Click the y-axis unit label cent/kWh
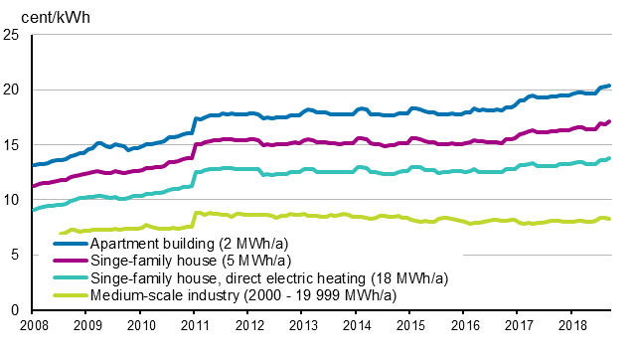coord(37,14)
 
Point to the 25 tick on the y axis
coord(13,35)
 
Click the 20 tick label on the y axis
coord(13,90)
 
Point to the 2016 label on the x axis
coord(464,325)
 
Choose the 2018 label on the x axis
coord(571,325)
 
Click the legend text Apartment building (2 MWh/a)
coord(176,243)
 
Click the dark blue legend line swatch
coord(72,243)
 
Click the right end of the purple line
coord(609,121)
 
